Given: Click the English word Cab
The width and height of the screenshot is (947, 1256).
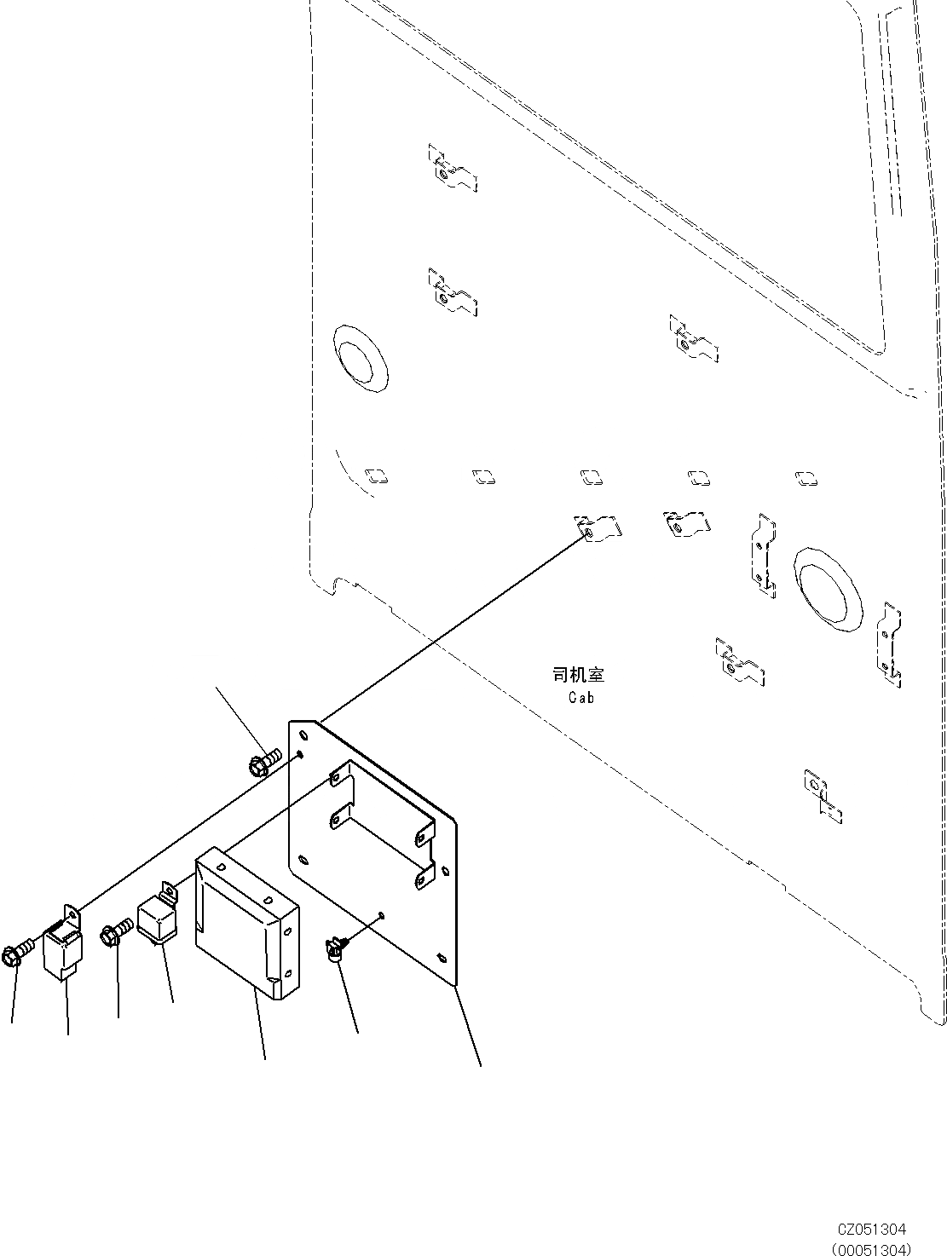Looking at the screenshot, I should click(581, 697).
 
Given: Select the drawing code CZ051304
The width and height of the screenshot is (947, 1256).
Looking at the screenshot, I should click(871, 1229).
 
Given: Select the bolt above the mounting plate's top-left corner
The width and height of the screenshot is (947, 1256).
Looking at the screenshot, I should click(263, 763).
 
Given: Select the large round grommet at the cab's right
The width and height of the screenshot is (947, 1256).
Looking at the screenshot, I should click(826, 590).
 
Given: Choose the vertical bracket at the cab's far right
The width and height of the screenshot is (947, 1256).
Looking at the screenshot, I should click(890, 644).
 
